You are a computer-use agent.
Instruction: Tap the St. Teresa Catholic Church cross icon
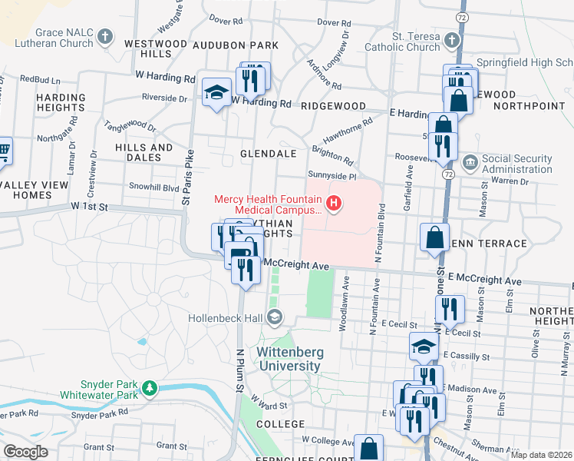coord(453,39)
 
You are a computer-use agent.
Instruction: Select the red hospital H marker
coord(334,204)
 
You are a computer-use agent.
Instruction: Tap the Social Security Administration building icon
coord(470,162)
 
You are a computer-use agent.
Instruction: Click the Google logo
coord(25,452)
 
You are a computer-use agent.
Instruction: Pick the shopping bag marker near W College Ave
coord(368,448)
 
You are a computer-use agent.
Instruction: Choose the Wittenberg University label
coord(289,359)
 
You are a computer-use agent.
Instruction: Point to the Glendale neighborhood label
coord(268,154)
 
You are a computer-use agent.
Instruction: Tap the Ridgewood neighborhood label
coord(334,105)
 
